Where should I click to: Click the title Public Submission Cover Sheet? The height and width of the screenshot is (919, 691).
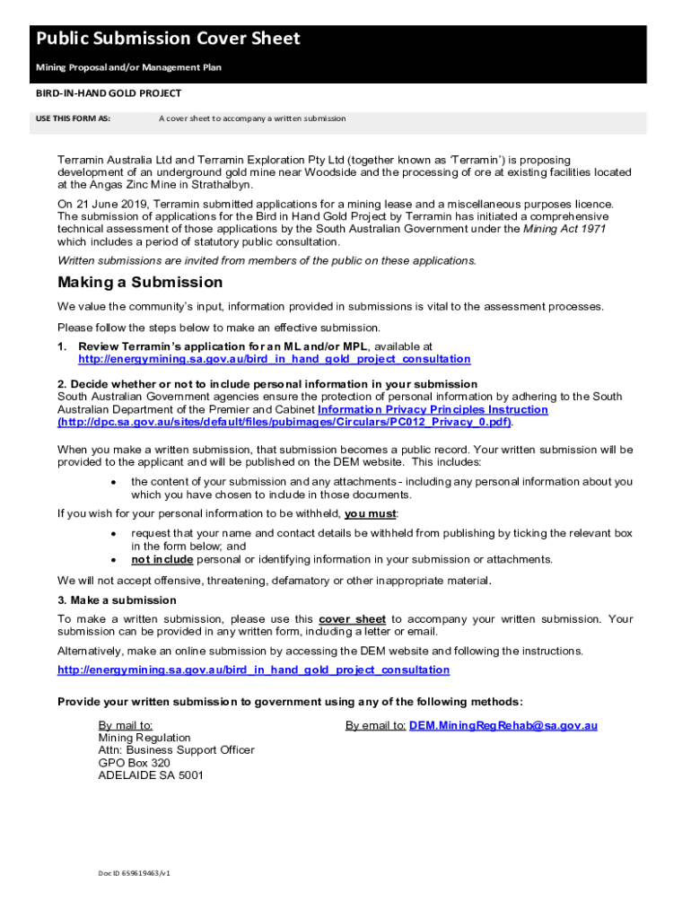click(168, 39)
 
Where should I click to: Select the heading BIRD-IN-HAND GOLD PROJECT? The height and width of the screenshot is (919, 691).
click(109, 93)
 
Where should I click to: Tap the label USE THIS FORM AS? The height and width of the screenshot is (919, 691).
click(73, 118)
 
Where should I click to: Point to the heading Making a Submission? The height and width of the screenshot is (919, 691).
click(140, 283)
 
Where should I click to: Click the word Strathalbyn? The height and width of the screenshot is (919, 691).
click(222, 184)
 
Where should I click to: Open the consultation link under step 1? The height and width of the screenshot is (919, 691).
click(274, 359)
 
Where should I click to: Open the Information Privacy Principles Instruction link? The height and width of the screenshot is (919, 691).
click(433, 409)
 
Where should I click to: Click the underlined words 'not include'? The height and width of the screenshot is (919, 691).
click(162, 559)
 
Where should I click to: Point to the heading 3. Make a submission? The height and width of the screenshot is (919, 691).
click(117, 600)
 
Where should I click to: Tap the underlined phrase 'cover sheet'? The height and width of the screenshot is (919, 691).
click(353, 619)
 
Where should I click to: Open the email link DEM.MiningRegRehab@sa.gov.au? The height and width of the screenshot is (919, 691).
click(503, 725)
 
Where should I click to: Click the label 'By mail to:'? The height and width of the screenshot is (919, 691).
click(126, 725)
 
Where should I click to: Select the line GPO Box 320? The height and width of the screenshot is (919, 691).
click(134, 763)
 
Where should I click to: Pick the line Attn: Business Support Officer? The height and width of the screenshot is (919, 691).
click(176, 750)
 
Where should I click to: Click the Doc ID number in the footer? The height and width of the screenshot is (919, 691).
click(135, 872)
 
